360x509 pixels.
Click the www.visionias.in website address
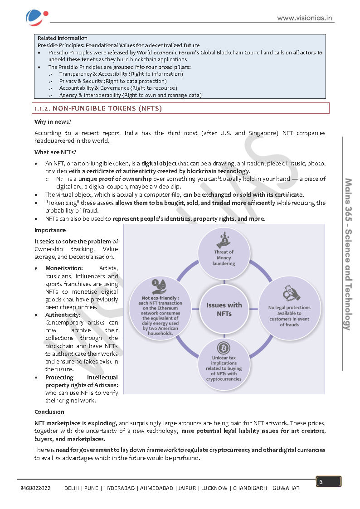click(x=305, y=18)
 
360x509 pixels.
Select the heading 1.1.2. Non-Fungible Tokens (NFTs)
click(x=98, y=108)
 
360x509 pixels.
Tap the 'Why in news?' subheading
click(x=53, y=122)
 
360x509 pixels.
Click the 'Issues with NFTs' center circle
click(x=224, y=309)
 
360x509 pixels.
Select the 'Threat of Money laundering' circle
click(x=224, y=254)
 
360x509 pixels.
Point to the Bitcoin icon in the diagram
click(x=224, y=348)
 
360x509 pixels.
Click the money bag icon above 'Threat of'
click(x=224, y=238)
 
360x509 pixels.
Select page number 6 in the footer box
click(x=321, y=482)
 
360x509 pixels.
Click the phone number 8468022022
click(x=36, y=488)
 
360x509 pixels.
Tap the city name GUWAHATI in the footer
click(x=287, y=488)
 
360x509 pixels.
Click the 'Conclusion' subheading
click(x=49, y=412)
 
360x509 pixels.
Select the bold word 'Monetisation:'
click(x=64, y=268)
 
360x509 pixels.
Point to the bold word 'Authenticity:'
click(x=63, y=315)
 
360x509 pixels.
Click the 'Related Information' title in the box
click(x=63, y=38)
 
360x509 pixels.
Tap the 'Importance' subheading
click(x=50, y=230)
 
